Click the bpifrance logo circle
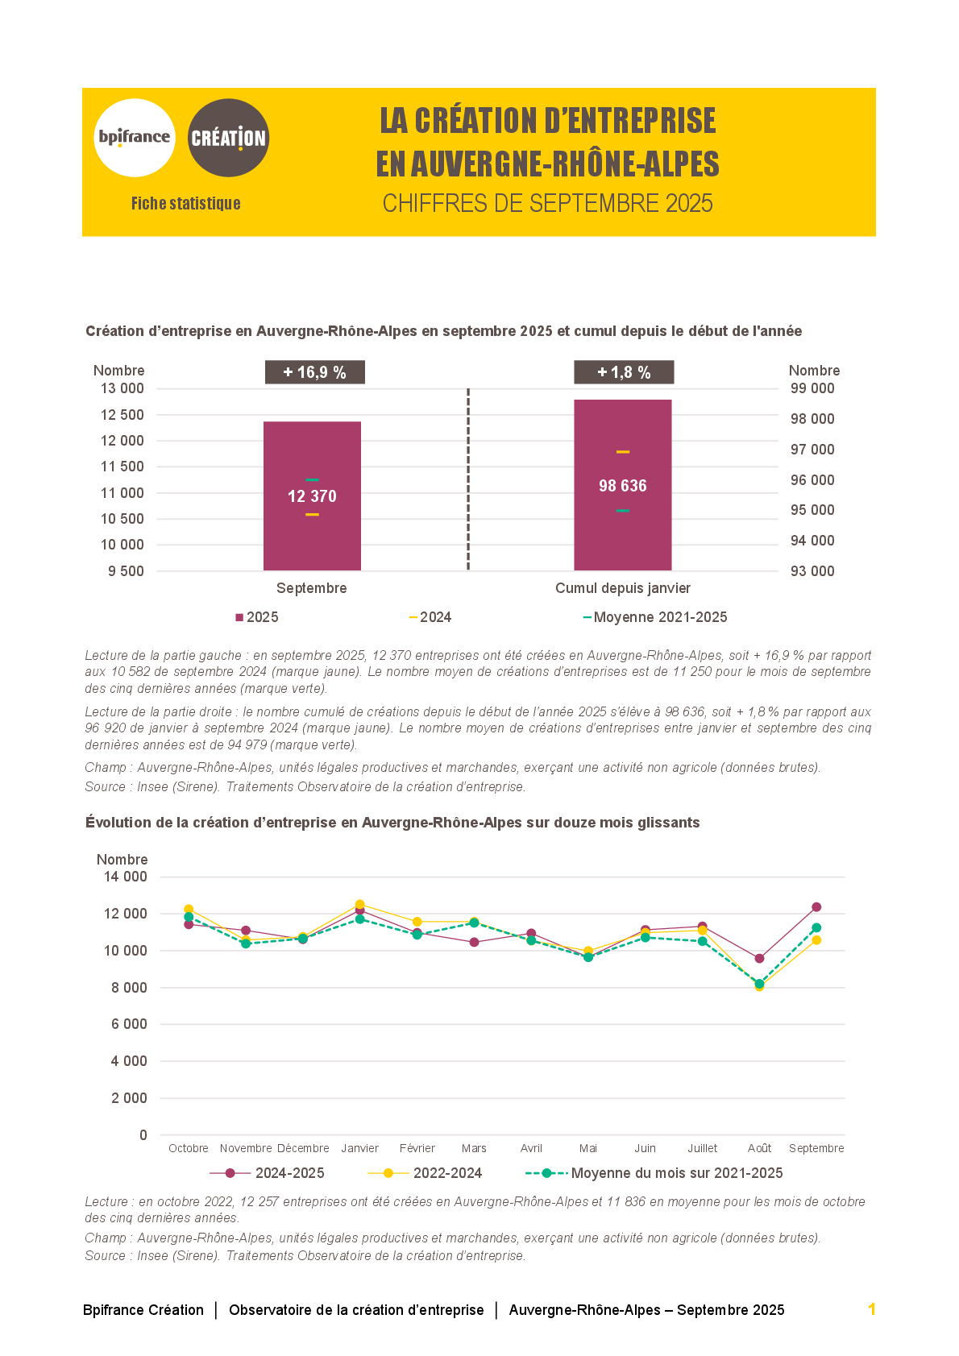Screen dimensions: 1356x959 pyautogui.click(x=135, y=138)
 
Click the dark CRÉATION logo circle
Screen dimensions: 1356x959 pyautogui.click(x=228, y=138)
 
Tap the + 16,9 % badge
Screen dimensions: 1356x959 pyautogui.click(x=314, y=372)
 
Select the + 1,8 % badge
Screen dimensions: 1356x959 pyautogui.click(x=624, y=372)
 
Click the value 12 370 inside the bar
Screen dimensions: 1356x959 pyautogui.click(x=312, y=496)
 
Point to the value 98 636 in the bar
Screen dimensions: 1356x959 pyautogui.click(x=623, y=486)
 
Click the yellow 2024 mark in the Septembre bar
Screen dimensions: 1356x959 pyautogui.click(x=312, y=514)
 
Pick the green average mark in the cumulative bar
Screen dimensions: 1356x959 pyautogui.click(x=623, y=510)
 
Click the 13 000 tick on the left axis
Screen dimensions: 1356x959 pyautogui.click(x=122, y=388)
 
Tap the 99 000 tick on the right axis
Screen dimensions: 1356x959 pyautogui.click(x=812, y=388)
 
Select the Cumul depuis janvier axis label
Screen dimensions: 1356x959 pyautogui.click(x=623, y=588)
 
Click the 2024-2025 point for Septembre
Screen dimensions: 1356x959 pyautogui.click(x=816, y=907)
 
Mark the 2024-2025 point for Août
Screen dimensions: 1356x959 pyautogui.click(x=759, y=958)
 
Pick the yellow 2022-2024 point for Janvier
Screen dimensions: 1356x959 pyautogui.click(x=359, y=904)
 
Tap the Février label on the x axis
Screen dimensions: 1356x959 pyautogui.click(x=417, y=1148)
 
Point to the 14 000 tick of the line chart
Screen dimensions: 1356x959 pyautogui.click(x=126, y=877)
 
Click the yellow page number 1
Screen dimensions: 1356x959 pyautogui.click(x=871, y=1309)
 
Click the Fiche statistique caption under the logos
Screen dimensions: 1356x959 pyautogui.click(x=186, y=203)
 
